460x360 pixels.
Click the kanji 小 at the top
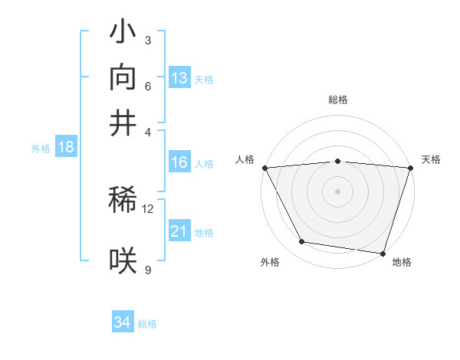click(x=123, y=34)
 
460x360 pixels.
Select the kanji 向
click(x=123, y=78)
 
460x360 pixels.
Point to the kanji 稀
click(x=123, y=203)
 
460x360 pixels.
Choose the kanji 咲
click(x=123, y=261)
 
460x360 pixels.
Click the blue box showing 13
click(x=179, y=78)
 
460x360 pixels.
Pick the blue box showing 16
click(x=179, y=162)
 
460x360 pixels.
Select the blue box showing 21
click(x=179, y=231)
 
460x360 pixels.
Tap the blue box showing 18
click(x=66, y=148)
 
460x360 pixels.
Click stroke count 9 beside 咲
click(x=147, y=269)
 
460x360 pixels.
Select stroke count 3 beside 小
click(x=147, y=40)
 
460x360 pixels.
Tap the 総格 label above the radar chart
click(x=337, y=100)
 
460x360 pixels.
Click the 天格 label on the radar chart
click(x=431, y=159)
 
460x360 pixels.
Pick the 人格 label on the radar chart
click(x=245, y=159)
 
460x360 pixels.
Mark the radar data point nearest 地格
click(x=383, y=253)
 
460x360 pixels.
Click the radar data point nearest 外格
click(x=302, y=242)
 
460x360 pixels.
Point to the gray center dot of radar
click(x=337, y=191)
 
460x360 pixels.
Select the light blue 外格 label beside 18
click(x=40, y=149)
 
